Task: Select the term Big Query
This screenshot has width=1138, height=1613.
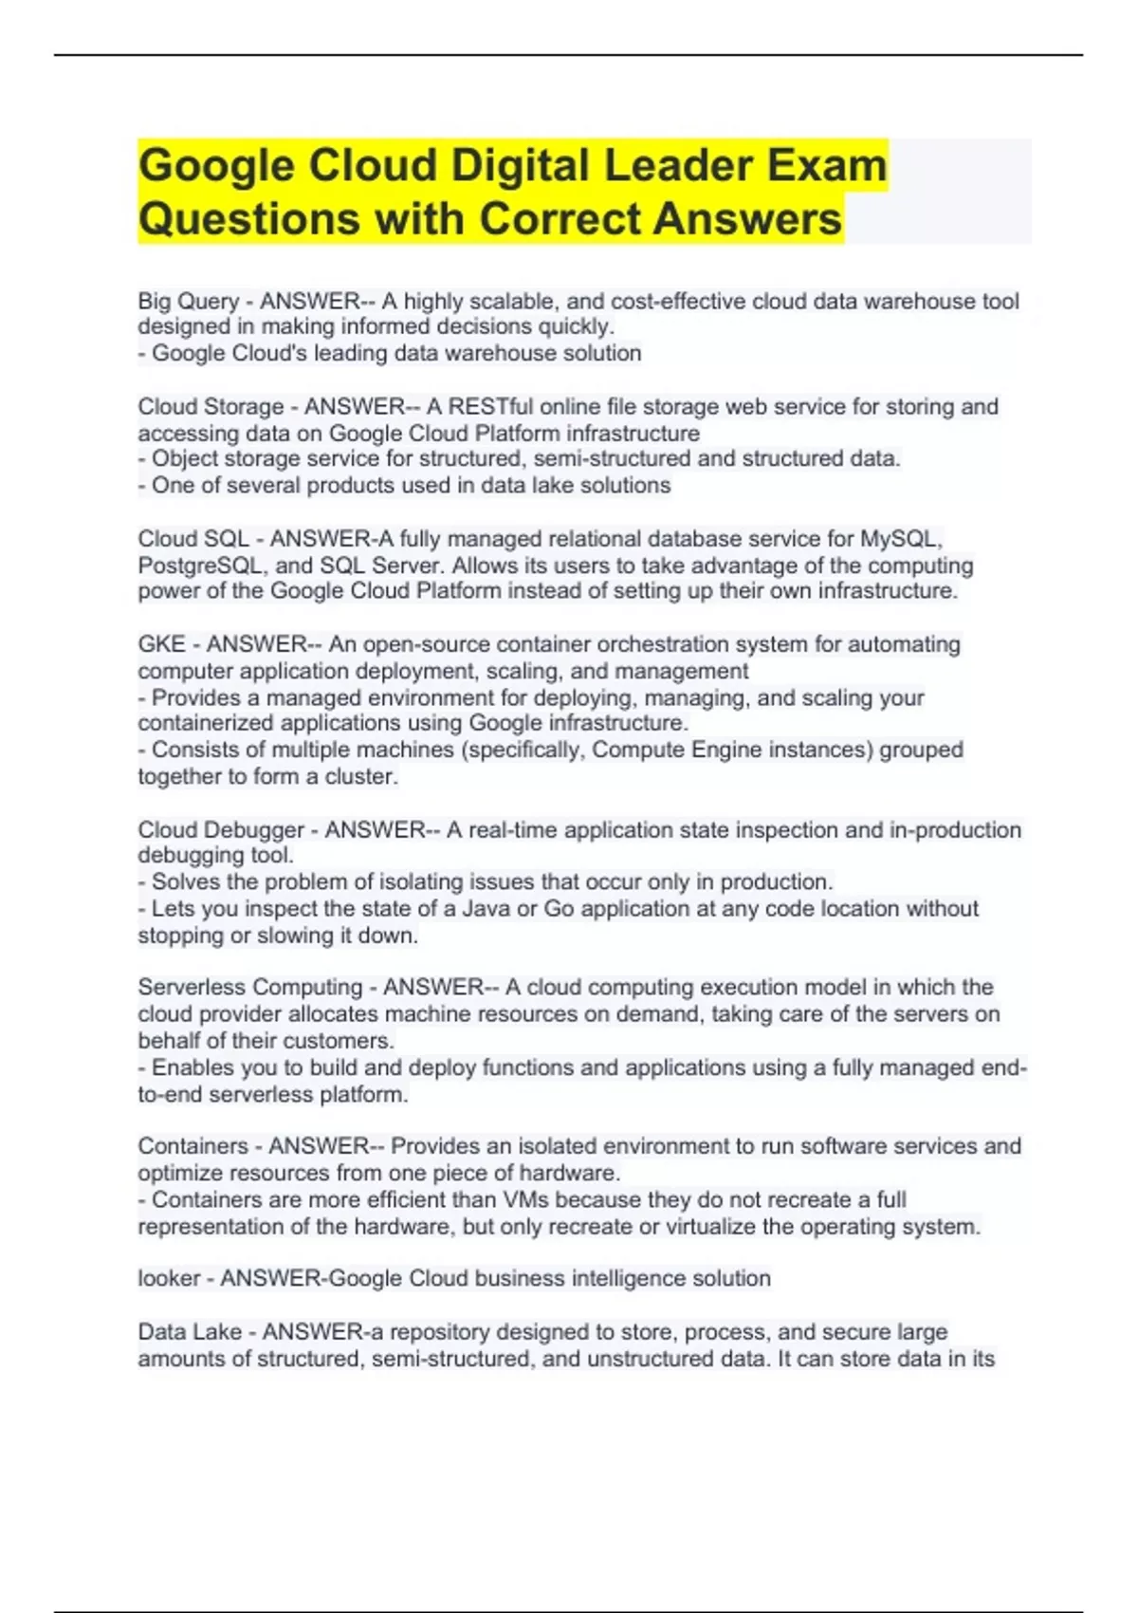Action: pyautogui.click(x=188, y=302)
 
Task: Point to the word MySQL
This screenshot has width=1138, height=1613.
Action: pyautogui.click(x=900, y=539)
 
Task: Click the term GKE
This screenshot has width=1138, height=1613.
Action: pyautogui.click(x=161, y=644)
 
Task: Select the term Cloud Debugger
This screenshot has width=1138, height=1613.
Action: pyautogui.click(x=221, y=830)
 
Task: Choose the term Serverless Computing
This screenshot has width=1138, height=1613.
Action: pyautogui.click(x=250, y=988)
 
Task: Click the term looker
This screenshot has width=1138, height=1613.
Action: pyautogui.click(x=169, y=1279)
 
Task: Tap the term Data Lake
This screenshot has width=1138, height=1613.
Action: pyautogui.click(x=190, y=1332)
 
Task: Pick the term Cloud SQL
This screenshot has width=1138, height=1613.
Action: pyautogui.click(x=193, y=539)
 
